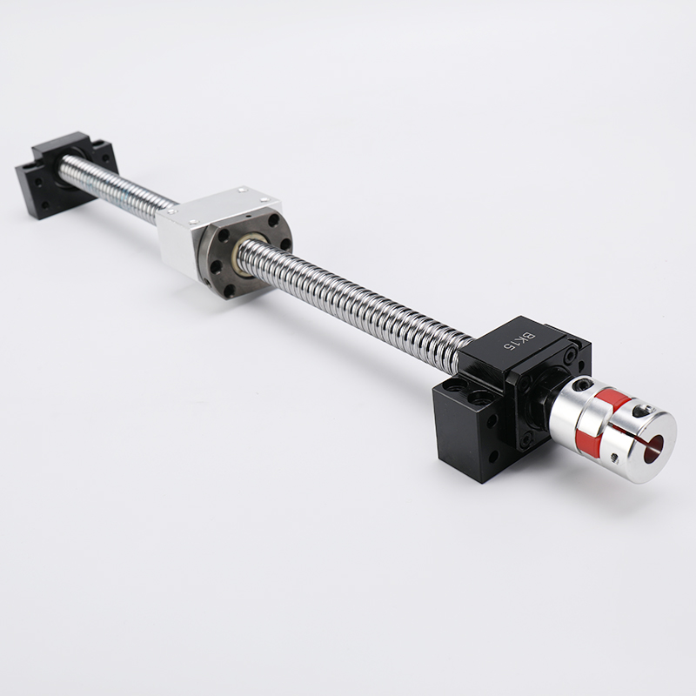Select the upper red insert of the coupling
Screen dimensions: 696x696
click(x=610, y=398)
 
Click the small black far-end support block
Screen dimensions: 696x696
click(x=68, y=174)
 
